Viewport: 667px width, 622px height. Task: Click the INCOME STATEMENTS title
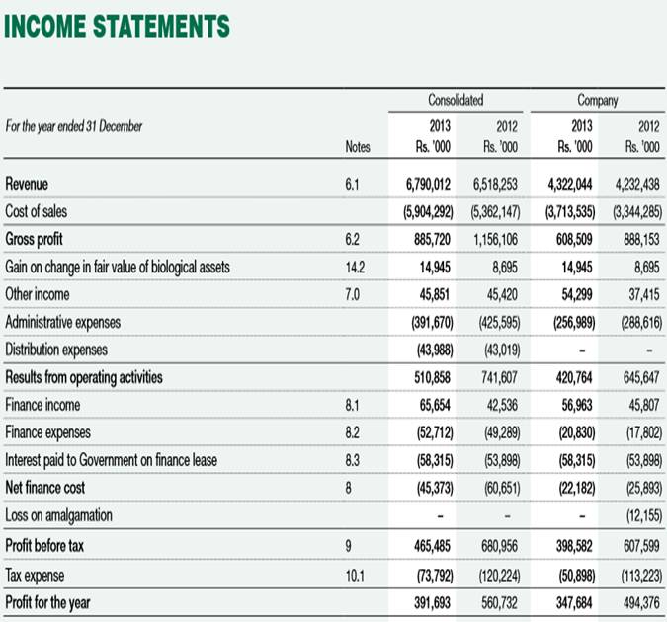(117, 26)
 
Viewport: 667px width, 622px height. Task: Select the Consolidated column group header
(456, 100)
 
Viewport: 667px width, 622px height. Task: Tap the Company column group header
(598, 100)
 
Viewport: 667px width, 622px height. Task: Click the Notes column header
(358, 147)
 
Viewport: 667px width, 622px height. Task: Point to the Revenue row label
(27, 184)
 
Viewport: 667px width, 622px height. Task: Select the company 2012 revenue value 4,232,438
(636, 184)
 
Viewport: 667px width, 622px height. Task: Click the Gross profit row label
(34, 239)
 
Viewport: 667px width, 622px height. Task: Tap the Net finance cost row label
(43, 488)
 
